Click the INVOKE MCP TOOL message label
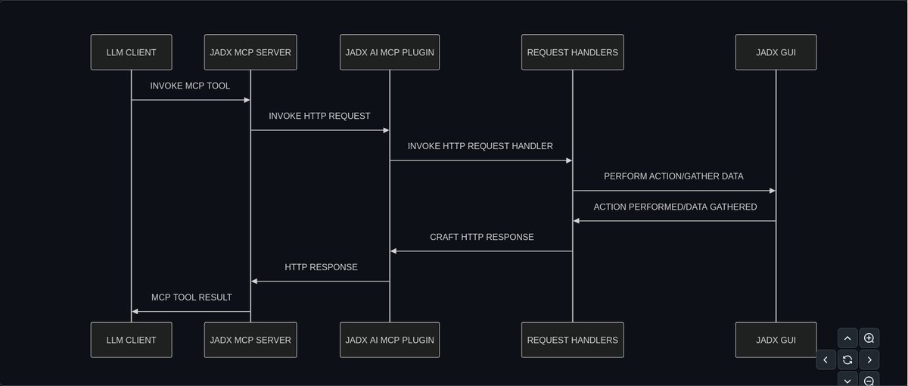coord(190,86)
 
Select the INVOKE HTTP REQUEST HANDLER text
coord(480,146)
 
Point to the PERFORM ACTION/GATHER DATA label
coord(673,176)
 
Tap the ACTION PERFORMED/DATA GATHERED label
coord(675,207)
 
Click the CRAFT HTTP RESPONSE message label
coord(482,237)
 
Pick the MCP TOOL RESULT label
coord(191,297)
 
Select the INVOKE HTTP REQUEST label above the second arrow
coord(319,116)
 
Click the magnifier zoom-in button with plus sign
coord(869,338)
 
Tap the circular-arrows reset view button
coord(847,360)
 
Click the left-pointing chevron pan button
coord(826,360)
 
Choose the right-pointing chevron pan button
coord(869,360)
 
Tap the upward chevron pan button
coord(847,338)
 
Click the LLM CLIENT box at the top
coord(131,52)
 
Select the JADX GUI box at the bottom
coord(776,340)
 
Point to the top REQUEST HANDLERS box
coord(573,52)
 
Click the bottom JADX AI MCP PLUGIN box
coord(390,340)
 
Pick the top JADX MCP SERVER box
coord(250,52)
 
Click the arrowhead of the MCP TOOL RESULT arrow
coord(135,311)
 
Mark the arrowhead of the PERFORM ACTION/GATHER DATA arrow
coord(772,191)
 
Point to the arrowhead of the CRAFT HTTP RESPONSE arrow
coord(393,251)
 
